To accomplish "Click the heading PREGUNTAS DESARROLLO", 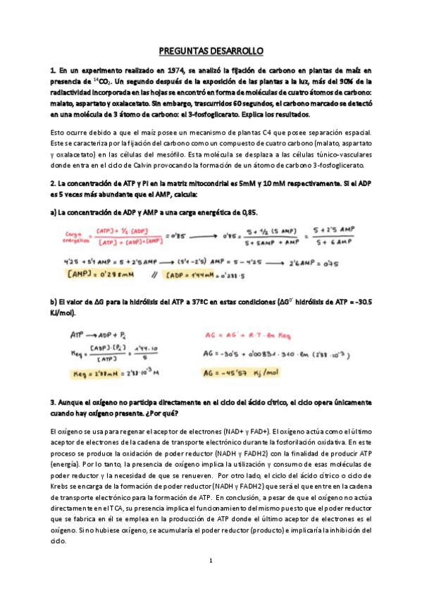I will point(211,51).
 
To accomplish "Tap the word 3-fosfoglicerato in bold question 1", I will point(211,114).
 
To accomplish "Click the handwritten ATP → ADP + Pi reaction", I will point(94,335).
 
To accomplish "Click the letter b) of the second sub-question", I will point(54,301).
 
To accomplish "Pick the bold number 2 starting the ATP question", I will point(52,183).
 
